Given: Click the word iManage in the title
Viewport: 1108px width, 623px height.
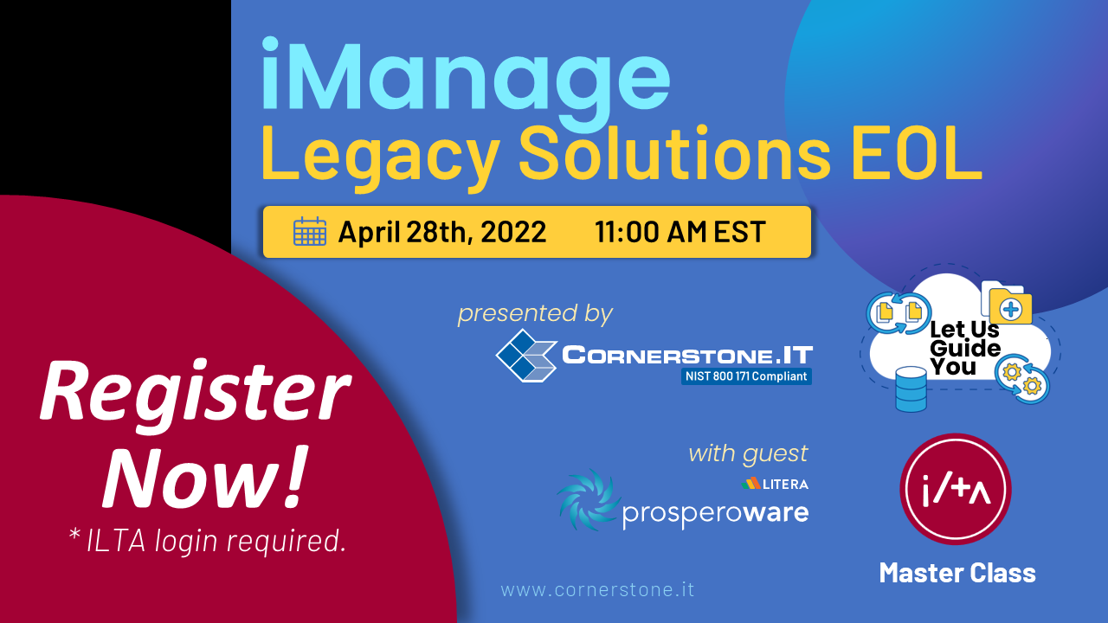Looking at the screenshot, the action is pos(465,79).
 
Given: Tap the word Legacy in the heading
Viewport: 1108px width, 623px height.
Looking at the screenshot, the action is pos(380,154).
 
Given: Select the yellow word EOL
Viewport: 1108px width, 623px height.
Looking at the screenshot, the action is pos(917,152).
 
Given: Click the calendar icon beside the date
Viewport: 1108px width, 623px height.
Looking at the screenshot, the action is pos(310,231).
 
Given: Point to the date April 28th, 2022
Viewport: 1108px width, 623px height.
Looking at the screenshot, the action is pos(442,231).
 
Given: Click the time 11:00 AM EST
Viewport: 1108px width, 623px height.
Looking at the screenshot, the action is pos(680,231).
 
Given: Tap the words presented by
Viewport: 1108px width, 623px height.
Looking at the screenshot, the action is pos(535,313).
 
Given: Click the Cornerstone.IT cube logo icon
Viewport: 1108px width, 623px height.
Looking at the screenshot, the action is pos(526,356).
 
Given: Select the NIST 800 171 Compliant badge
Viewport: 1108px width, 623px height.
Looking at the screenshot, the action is pos(746,376).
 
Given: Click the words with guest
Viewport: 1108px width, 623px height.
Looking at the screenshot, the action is pos(748,453).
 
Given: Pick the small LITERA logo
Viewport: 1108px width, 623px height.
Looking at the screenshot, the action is pos(775,484).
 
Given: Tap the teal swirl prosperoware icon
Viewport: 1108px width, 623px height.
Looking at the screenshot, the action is pos(589,499).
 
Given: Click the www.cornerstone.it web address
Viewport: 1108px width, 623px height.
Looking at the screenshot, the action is pos(597,589).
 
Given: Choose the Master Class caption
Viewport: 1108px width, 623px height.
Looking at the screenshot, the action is pos(957,573).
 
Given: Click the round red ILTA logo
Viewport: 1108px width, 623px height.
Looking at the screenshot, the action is pos(955,489).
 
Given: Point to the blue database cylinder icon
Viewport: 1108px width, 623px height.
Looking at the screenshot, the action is pos(912,389).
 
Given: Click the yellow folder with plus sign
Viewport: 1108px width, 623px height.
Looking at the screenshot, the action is pos(1010,306).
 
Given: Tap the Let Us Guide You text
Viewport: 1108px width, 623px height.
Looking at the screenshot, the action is pos(964,348).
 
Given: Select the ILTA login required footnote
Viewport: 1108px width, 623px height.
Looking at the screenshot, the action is pos(208,541).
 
